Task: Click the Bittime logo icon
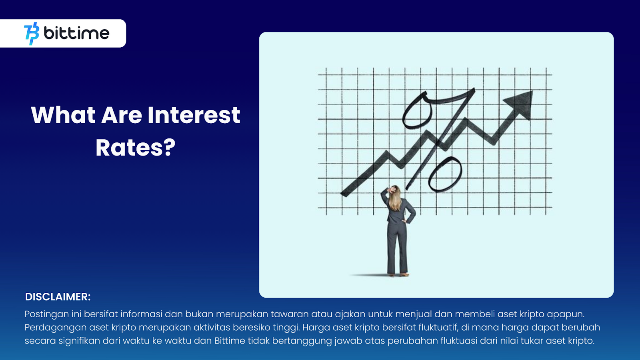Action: tap(32, 34)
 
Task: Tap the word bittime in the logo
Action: tap(76, 33)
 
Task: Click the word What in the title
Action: tap(63, 115)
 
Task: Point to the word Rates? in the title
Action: tap(136, 148)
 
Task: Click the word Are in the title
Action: tap(122, 115)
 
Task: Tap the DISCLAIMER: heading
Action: tap(58, 297)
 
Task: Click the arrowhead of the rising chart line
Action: tap(520, 104)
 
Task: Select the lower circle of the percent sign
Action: tap(445, 174)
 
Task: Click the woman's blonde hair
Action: tap(395, 198)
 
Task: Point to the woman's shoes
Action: tap(398, 274)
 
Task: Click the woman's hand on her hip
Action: tap(404, 221)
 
